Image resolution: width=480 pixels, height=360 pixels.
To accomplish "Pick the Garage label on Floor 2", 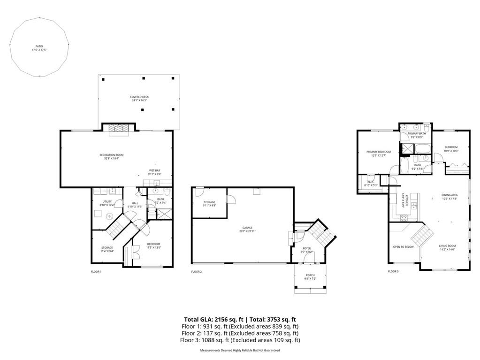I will (x=247, y=229).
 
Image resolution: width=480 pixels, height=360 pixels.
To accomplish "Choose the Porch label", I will (x=310, y=277).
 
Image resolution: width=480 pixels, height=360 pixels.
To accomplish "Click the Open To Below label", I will (x=403, y=246).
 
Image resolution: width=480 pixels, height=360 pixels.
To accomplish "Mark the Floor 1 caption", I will (x=96, y=272).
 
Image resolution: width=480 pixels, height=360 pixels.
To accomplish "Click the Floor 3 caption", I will (x=393, y=272).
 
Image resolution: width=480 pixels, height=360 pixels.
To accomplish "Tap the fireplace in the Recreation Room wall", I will (x=118, y=130).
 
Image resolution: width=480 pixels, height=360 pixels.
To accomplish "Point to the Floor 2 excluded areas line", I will (x=240, y=333).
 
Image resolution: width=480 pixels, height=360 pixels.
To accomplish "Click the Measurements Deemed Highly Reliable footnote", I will (x=240, y=351).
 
